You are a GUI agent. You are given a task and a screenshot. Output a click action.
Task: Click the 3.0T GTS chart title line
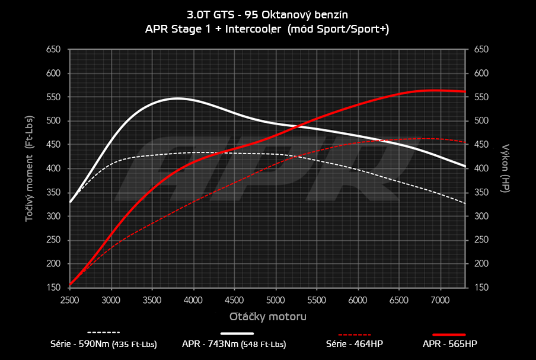point(268,12)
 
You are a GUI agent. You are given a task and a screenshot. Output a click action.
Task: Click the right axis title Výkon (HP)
point(506,167)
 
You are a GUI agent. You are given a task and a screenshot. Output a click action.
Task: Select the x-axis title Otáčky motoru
point(268,317)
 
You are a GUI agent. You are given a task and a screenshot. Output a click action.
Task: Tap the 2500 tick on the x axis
point(70,301)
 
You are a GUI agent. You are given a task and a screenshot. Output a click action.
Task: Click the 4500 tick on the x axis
point(235,301)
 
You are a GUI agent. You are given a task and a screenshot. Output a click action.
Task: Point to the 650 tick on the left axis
point(54,50)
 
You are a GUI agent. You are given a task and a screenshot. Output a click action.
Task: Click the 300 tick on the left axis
point(54,216)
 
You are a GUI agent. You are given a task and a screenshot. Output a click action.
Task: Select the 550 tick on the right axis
point(481,97)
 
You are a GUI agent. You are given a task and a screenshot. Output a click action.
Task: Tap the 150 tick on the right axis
point(481,288)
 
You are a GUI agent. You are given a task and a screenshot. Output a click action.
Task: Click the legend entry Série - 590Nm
point(104,343)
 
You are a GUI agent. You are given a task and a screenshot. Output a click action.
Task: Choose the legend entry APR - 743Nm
point(234,343)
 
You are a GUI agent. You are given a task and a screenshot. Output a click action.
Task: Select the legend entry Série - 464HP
point(349,343)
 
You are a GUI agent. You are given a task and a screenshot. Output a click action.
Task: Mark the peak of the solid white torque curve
point(177,98)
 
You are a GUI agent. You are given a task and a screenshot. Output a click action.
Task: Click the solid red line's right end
point(465,91)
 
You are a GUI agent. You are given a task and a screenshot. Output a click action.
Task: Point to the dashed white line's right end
point(465,203)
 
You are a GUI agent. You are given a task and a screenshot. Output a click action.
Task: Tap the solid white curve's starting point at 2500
point(71,202)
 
